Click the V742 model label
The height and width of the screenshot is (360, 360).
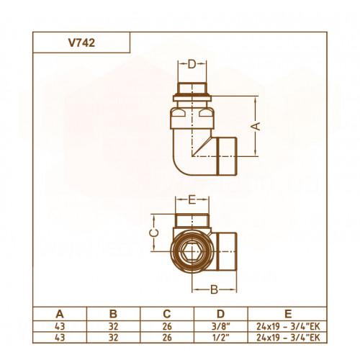(x=82, y=42)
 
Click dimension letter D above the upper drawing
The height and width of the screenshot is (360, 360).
(x=192, y=64)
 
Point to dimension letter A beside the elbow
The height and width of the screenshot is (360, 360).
(x=256, y=126)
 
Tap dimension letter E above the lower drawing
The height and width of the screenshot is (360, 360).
(x=192, y=199)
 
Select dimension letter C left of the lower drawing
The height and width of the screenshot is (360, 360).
(x=155, y=233)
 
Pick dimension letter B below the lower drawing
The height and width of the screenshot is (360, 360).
(x=214, y=289)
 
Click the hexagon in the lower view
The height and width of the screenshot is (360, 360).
(x=192, y=252)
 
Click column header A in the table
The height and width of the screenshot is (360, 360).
(x=60, y=314)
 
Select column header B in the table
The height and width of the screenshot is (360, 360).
(x=113, y=314)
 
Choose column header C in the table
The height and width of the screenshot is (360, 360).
(x=167, y=314)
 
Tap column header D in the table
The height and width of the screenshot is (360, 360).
(x=220, y=314)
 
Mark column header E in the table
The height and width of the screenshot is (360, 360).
(x=288, y=314)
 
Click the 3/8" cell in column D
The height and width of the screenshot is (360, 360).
(x=220, y=326)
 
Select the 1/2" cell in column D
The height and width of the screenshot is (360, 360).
(x=220, y=338)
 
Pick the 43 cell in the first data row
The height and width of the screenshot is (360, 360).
(x=60, y=326)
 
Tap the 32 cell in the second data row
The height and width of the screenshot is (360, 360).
(x=113, y=338)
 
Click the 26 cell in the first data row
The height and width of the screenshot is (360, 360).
(x=167, y=326)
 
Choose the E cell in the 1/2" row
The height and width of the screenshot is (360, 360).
(x=288, y=338)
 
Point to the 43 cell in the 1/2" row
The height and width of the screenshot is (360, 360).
(x=60, y=338)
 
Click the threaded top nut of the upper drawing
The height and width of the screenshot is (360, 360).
(x=192, y=89)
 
